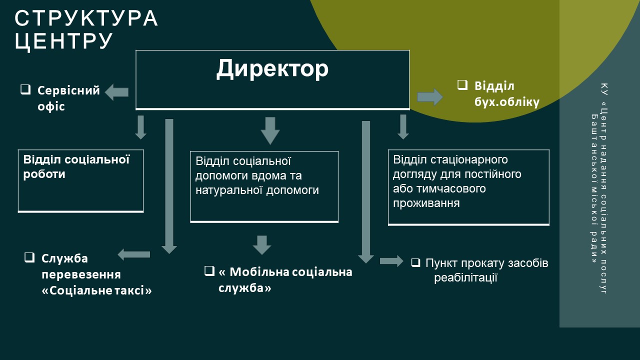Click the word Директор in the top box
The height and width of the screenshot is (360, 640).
[272, 69]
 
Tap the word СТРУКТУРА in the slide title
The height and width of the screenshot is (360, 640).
[86, 18]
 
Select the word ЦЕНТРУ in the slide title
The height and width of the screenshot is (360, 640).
[64, 41]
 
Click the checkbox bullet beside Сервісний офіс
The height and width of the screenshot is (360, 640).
[25, 89]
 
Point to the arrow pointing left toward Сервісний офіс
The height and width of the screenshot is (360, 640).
[116, 92]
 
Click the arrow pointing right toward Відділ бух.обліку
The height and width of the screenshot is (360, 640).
[429, 96]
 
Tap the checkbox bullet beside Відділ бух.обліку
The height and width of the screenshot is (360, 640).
[462, 84]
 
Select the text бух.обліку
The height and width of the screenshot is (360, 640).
[507, 102]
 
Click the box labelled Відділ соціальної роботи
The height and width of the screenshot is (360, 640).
[80, 180]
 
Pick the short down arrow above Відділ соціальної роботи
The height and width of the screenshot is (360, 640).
[140, 127]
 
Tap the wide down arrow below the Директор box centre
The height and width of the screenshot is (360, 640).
[270, 130]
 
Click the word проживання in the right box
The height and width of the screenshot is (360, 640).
[426, 203]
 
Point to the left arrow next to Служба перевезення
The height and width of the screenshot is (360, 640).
[134, 254]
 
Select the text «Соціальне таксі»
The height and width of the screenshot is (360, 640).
[96, 290]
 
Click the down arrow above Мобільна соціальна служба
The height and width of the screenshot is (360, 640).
[261, 244]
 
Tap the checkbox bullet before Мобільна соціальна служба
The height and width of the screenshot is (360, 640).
[209, 271]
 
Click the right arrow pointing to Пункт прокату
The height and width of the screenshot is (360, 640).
[391, 260]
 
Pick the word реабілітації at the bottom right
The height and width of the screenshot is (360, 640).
[465, 277]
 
